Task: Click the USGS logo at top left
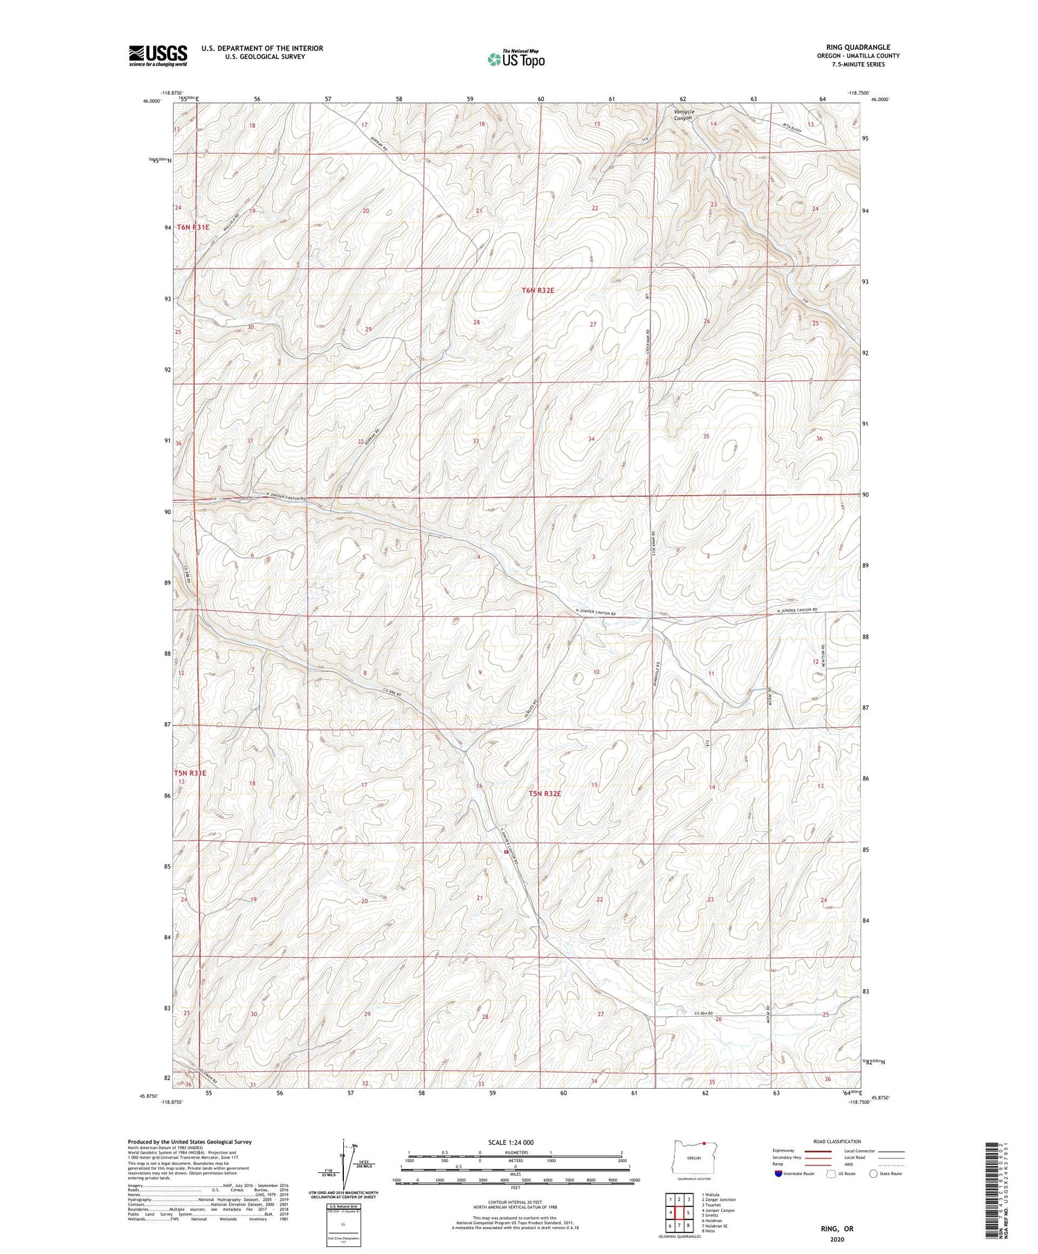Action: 158,55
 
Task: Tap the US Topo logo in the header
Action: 516,59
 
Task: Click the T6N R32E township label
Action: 538,291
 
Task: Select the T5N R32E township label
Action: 545,793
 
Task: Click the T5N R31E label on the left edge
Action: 190,773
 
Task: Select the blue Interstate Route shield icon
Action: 778,1173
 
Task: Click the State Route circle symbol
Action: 873,1173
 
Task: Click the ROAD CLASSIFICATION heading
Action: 837,1141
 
